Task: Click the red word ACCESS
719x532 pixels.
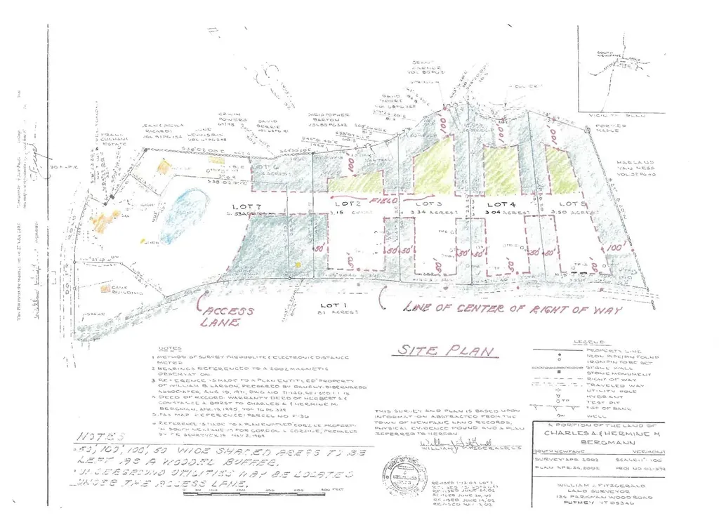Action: [x=226, y=310]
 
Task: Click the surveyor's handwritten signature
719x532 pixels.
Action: [x=449, y=444]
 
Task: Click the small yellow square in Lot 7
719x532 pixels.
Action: [x=298, y=265]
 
